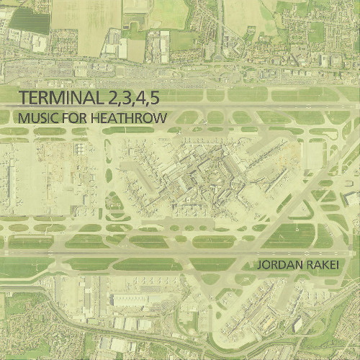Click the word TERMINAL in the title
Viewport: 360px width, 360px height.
point(60,97)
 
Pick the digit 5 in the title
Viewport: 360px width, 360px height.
point(156,97)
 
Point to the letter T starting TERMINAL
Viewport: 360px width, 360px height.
point(25,97)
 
